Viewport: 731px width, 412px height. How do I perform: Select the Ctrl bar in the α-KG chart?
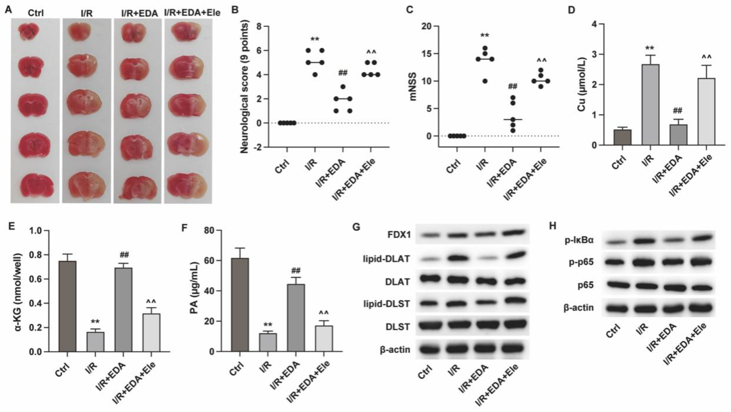click(x=67, y=306)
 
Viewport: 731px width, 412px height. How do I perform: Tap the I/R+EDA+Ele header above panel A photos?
click(x=192, y=13)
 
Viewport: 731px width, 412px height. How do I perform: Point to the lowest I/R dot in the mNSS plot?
click(x=485, y=81)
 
